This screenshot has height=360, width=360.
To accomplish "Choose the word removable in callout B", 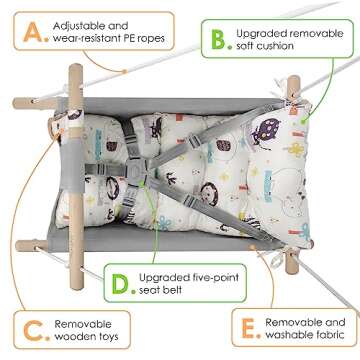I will click(x=319, y=34).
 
